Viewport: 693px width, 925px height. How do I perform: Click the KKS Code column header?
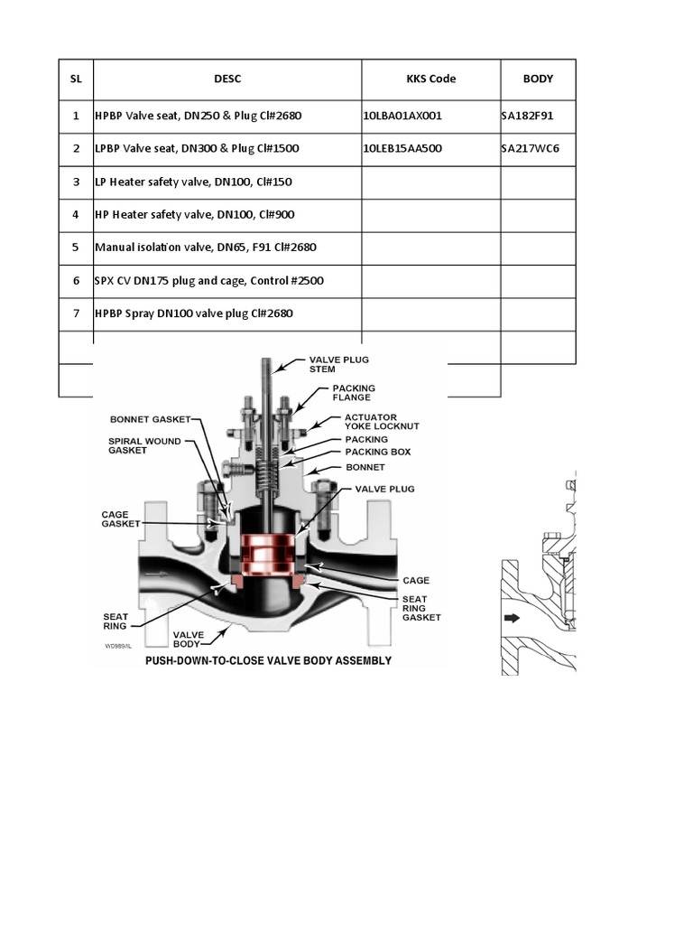[430, 79]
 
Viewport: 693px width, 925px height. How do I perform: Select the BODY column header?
[538, 79]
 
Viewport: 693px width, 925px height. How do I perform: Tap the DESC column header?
[227, 79]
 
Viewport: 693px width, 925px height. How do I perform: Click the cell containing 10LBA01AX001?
[402, 116]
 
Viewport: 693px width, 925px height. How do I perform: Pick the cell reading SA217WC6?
[531, 148]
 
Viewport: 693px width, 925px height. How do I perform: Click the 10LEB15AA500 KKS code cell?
[402, 148]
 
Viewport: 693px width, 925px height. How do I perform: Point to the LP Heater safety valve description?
[193, 182]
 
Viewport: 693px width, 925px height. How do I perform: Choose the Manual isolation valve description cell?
[206, 248]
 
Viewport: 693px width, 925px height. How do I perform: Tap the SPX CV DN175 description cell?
[209, 281]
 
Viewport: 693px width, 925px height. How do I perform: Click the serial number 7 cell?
[76, 313]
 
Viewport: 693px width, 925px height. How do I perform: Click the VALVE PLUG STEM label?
[338, 363]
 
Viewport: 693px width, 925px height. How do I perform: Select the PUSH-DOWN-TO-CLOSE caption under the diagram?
[270, 660]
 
